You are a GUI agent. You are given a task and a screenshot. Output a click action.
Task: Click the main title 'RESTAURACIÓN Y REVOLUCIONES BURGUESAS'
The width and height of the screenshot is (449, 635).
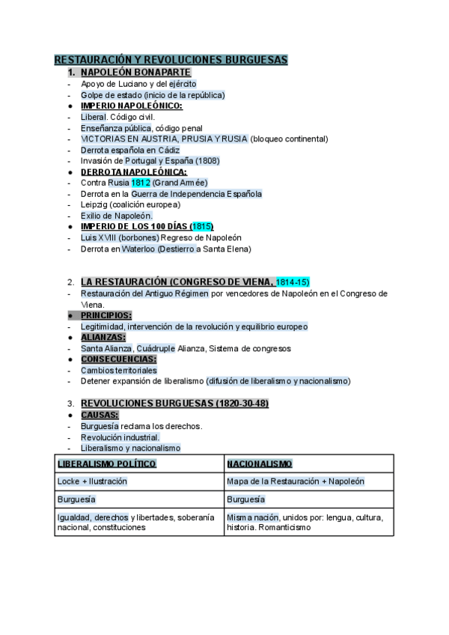[x=171, y=60]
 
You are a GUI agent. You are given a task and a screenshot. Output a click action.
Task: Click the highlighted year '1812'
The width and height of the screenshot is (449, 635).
[x=141, y=182]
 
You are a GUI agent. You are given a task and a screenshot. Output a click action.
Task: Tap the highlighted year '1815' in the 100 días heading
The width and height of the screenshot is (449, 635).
[x=201, y=226]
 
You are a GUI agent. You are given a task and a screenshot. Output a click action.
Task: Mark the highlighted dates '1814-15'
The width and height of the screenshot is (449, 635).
[x=292, y=282]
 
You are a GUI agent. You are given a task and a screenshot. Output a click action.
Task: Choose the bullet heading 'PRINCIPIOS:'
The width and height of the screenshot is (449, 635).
[x=106, y=315]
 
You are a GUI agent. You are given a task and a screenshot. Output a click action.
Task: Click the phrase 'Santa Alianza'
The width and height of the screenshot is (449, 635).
[x=107, y=348]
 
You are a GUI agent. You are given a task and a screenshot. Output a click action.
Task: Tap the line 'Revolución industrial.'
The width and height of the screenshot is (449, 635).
[x=120, y=437]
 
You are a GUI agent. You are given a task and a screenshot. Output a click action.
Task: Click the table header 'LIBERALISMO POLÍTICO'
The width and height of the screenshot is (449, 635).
[x=106, y=464]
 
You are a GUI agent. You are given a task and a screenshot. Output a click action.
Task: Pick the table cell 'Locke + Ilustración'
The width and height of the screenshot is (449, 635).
[x=92, y=481]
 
